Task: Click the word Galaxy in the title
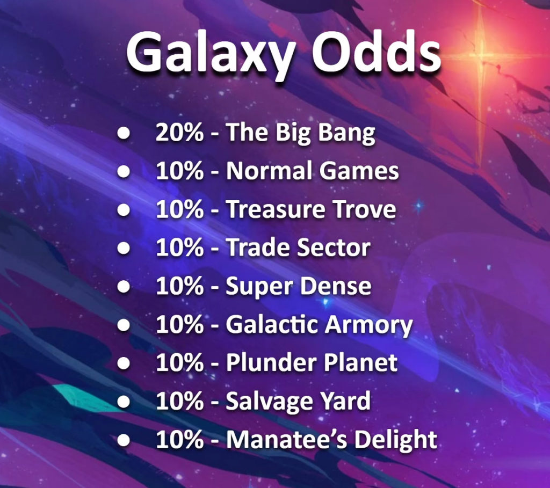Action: [x=211, y=54]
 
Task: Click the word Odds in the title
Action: [x=377, y=52]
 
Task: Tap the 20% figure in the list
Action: [x=179, y=133]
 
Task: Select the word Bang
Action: [x=346, y=134]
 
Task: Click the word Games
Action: [x=359, y=171]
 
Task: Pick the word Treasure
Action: [x=276, y=209]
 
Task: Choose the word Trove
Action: [x=364, y=209]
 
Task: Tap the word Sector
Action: [x=334, y=247]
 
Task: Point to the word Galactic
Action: [x=272, y=324]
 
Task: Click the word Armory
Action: [x=368, y=326]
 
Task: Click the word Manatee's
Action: [x=287, y=439]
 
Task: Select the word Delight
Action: [x=396, y=440]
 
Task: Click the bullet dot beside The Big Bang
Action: [x=124, y=133]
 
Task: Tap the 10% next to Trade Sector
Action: [x=179, y=247]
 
